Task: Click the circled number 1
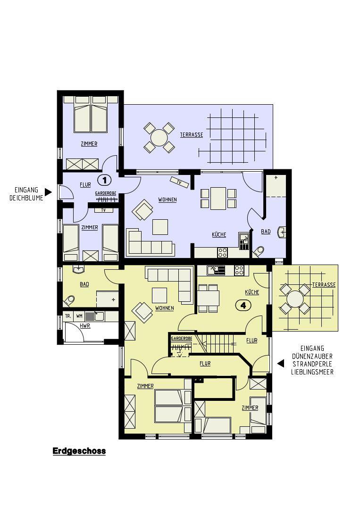pyautogui.click(x=104, y=181)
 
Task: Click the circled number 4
pyautogui.click(x=243, y=305)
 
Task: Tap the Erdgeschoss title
pyautogui.click(x=79, y=451)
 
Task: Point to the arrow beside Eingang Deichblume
pyautogui.click(x=49, y=192)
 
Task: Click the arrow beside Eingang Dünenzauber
pyautogui.click(x=281, y=363)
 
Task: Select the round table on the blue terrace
pyautogui.click(x=159, y=137)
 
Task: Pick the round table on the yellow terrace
pyautogui.click(x=295, y=299)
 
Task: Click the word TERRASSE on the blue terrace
pyautogui.click(x=192, y=135)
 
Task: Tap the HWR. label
pyautogui.click(x=85, y=326)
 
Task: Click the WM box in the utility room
pyautogui.click(x=79, y=316)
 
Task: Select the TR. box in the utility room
pyautogui.click(x=68, y=316)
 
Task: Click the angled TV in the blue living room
pyautogui.click(x=179, y=182)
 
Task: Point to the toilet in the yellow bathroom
pyautogui.click(x=69, y=300)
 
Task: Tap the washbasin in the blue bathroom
pyautogui.click(x=282, y=232)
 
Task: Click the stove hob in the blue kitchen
pyautogui.click(x=223, y=252)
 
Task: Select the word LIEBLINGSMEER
pyautogui.click(x=312, y=372)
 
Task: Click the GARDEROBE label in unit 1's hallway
pyautogui.click(x=105, y=193)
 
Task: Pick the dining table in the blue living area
pyautogui.click(x=218, y=198)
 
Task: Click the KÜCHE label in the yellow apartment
pyautogui.click(x=252, y=292)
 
